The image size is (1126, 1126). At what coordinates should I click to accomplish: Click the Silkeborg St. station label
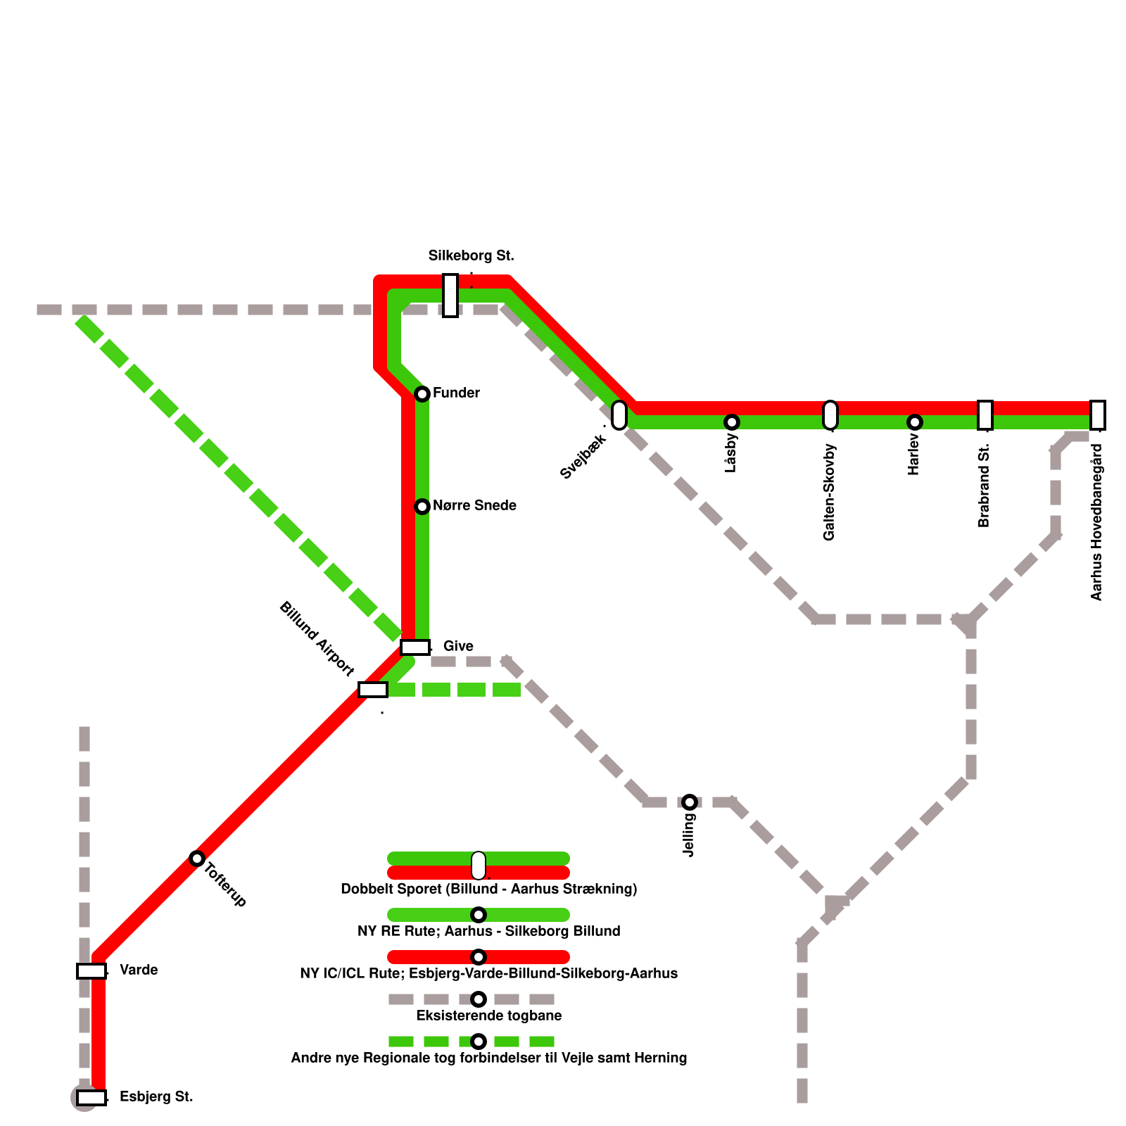(x=471, y=255)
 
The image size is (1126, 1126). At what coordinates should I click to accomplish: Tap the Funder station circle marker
(x=422, y=393)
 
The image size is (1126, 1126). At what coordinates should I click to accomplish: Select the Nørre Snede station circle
(x=422, y=506)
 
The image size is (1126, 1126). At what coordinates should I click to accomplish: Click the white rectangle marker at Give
(x=415, y=647)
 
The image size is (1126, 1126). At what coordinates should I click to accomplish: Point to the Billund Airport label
(x=317, y=638)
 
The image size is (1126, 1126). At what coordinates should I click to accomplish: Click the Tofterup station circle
(x=197, y=858)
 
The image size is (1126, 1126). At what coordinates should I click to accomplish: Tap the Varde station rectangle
(x=91, y=970)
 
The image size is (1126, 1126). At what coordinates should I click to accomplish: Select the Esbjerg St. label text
(x=156, y=1096)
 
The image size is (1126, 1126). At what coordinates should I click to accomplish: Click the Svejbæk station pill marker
(x=619, y=415)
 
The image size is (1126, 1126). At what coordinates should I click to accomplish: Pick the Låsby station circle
(x=732, y=422)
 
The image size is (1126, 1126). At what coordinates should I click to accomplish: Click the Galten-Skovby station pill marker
(x=830, y=415)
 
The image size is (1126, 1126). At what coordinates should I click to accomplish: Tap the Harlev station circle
(x=915, y=422)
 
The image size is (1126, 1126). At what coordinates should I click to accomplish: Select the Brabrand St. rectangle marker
(x=985, y=415)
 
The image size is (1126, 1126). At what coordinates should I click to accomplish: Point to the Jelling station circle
(x=690, y=802)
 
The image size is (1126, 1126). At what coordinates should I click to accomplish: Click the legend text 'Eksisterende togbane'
(x=488, y=1016)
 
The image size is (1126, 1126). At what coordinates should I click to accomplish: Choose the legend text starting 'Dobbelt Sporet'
(x=488, y=889)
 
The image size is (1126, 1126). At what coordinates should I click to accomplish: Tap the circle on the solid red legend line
(x=479, y=957)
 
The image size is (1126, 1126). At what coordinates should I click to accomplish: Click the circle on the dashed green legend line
(x=479, y=1042)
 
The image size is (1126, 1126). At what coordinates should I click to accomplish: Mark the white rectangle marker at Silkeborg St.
(x=450, y=295)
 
